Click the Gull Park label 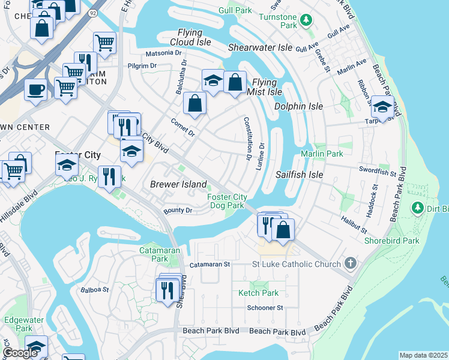pyautogui.click(x=236, y=10)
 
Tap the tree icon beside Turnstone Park pyautogui.click(x=307, y=20)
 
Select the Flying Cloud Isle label pyautogui.click(x=194, y=37)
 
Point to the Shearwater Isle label pyautogui.click(x=261, y=47)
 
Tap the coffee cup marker pyautogui.click(x=35, y=89)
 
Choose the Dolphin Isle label pyautogui.click(x=298, y=106)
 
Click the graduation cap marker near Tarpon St pyautogui.click(x=382, y=107)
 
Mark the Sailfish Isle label pyautogui.click(x=299, y=175)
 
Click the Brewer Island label pyautogui.click(x=178, y=184)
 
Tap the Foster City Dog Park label pyautogui.click(x=226, y=201)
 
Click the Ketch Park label pyautogui.click(x=258, y=293)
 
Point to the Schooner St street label pyautogui.click(x=264, y=308)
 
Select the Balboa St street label pyautogui.click(x=94, y=289)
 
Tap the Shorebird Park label pyautogui.click(x=392, y=241)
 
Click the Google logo pyautogui.click(x=20, y=353)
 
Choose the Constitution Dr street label pyautogui.click(x=246, y=139)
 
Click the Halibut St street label pyautogui.click(x=354, y=226)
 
